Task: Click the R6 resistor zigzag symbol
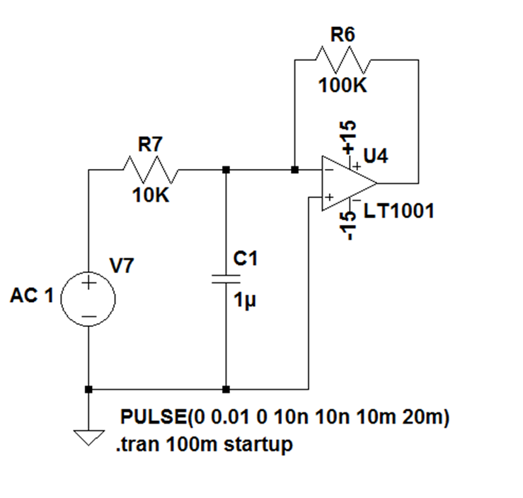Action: click(343, 60)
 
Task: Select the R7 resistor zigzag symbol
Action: click(150, 170)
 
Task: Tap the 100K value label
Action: click(342, 85)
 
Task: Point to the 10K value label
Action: click(151, 195)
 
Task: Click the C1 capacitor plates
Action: click(226, 279)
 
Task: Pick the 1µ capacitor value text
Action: click(245, 301)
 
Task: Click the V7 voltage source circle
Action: click(89, 299)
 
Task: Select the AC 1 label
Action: click(32, 295)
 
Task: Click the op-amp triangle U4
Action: click(349, 183)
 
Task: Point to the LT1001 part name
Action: click(399, 211)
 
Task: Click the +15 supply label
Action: click(348, 138)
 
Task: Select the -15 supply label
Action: click(348, 226)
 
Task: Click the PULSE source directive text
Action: click(285, 417)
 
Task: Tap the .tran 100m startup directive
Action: click(204, 445)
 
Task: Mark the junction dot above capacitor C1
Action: click(226, 170)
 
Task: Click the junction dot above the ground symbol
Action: click(89, 389)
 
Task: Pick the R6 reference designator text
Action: click(342, 34)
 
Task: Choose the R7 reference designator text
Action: click(150, 144)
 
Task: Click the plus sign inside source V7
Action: click(89, 284)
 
